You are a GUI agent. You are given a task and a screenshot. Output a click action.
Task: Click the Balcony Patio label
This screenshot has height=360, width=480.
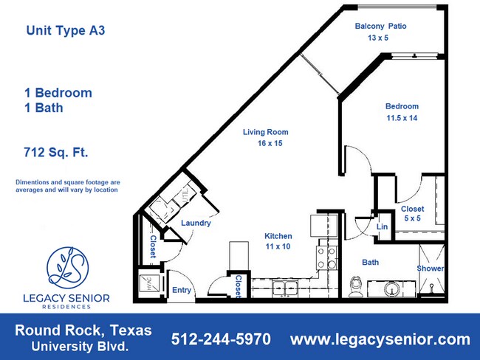tap(380, 27)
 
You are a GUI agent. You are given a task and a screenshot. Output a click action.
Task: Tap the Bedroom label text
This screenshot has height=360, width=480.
tap(402, 106)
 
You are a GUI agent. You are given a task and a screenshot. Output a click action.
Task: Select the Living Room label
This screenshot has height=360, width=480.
tap(266, 133)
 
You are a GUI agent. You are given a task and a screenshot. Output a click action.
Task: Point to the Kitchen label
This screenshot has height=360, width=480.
tap(278, 237)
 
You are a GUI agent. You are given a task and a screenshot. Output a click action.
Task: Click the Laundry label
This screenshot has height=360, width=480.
tap(196, 224)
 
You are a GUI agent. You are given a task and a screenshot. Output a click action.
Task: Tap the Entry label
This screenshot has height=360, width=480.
tap(182, 290)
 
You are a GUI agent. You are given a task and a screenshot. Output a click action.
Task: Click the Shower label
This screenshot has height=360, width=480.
tap(430, 269)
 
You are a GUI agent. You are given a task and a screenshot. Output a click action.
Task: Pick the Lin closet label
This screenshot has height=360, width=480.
tap(382, 227)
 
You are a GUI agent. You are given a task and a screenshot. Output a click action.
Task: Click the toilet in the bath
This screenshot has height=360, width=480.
tap(355, 285)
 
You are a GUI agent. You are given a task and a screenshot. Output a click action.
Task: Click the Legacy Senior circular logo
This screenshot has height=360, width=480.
tap(68, 266)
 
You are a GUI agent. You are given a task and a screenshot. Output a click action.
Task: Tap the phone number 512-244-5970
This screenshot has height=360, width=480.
tap(221, 339)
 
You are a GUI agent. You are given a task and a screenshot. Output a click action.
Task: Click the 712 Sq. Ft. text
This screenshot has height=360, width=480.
tap(57, 153)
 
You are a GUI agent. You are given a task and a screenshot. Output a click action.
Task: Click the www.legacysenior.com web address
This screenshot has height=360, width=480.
tap(380, 339)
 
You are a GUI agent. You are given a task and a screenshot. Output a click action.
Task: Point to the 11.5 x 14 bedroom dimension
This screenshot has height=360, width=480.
tap(402, 118)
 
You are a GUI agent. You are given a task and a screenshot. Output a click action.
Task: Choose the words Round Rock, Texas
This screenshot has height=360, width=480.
tap(83, 330)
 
